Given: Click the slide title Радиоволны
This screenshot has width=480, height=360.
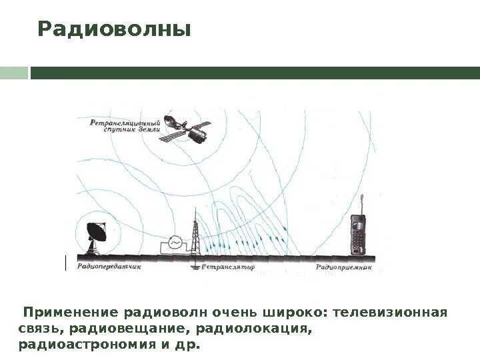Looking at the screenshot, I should [x=114, y=30].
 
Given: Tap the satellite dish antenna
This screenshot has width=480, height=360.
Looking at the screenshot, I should [x=96, y=235].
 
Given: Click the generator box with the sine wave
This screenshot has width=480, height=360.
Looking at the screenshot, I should [x=175, y=245].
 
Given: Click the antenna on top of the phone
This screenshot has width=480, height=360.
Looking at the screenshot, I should [x=361, y=203].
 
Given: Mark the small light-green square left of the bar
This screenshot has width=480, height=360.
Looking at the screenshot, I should [x=12, y=72].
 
